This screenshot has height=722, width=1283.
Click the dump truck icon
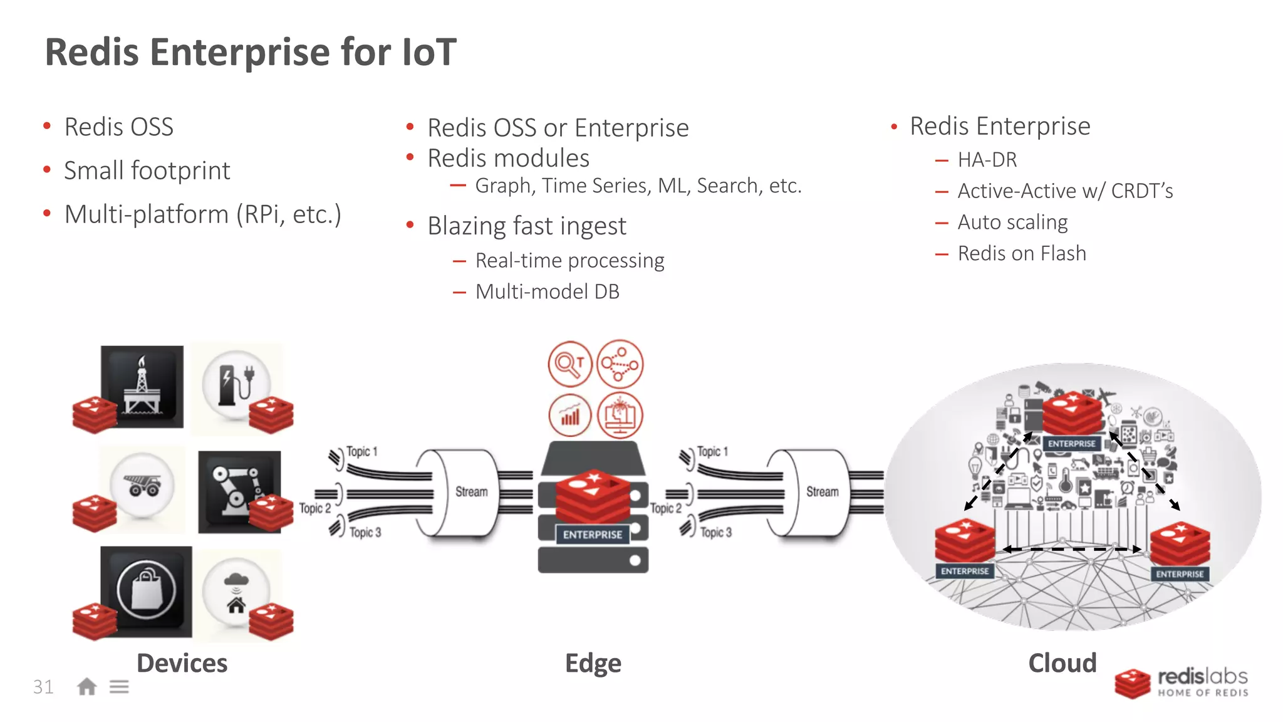pos(143,484)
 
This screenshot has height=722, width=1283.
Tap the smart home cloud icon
pos(236,593)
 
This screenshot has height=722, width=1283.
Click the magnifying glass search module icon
pos(569,364)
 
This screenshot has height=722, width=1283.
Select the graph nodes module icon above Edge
pos(620,364)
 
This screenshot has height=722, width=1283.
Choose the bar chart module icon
pos(569,416)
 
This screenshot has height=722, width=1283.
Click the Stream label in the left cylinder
pos(471,492)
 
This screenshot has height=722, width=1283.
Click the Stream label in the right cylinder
pos(822,492)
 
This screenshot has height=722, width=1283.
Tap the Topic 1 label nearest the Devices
pos(362,451)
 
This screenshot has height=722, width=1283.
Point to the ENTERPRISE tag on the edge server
pos(592,535)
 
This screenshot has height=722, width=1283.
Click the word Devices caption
pos(182,663)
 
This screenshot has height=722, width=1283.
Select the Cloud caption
pos(1062,663)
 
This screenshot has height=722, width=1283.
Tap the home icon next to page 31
pos(86,687)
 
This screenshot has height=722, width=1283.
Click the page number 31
pos(43,687)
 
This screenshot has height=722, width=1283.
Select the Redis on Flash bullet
pos(1021,253)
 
